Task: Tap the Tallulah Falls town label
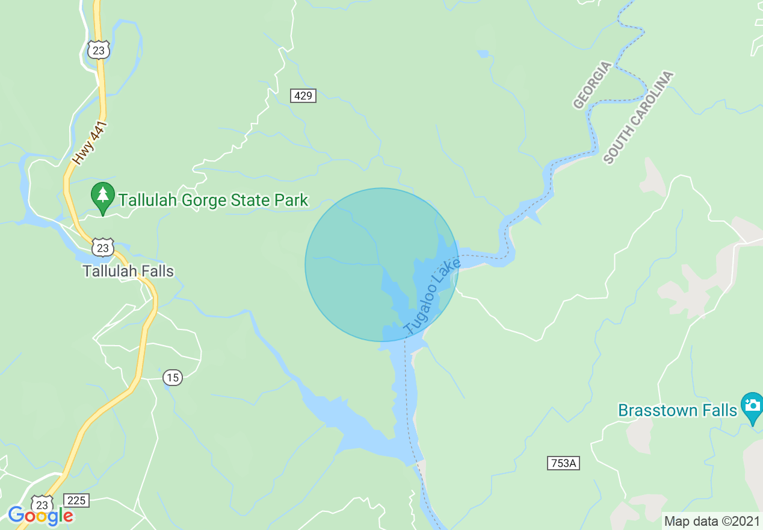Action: coord(128,271)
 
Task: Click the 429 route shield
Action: coord(303,95)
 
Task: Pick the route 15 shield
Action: coord(173,378)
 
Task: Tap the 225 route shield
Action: coord(77,500)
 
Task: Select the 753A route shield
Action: coord(564,463)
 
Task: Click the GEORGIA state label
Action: coord(592,85)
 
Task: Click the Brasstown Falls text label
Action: coord(677,411)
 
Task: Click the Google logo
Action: coord(40,516)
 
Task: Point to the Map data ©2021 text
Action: coord(712,520)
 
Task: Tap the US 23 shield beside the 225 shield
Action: coord(42,503)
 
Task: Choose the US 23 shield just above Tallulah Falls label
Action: coord(103,248)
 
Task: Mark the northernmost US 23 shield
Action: coord(97,50)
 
